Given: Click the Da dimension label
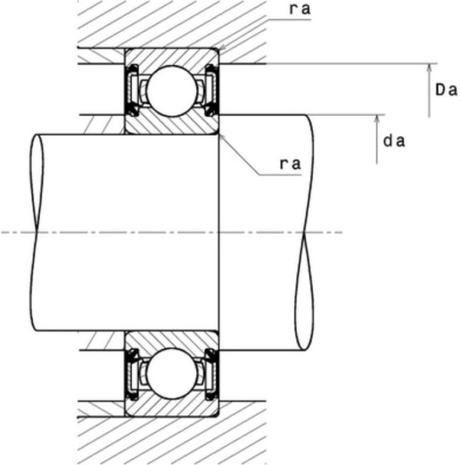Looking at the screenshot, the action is click(x=446, y=90).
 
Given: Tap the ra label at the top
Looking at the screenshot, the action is click(x=300, y=9).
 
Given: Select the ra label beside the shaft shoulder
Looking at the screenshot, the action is click(x=290, y=164).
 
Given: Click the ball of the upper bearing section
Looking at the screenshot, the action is click(x=172, y=91).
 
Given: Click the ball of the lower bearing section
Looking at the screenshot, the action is click(x=172, y=374).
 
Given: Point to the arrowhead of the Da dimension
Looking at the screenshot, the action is click(x=428, y=67).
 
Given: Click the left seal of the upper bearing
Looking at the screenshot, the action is click(x=133, y=90).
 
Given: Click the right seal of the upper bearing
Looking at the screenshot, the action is click(x=211, y=90).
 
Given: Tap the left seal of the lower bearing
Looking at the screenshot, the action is click(x=133, y=374).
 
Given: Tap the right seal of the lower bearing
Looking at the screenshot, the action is click(x=211, y=374).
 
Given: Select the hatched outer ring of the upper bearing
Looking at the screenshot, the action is click(x=172, y=56).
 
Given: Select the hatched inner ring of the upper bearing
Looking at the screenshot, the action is click(x=172, y=125).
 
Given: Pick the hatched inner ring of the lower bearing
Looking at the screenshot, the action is click(x=172, y=339).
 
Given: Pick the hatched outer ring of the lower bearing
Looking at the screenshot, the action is click(x=172, y=408).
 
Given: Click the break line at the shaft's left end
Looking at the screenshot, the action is click(x=36, y=232).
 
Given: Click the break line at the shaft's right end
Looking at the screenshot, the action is click(x=304, y=232).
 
